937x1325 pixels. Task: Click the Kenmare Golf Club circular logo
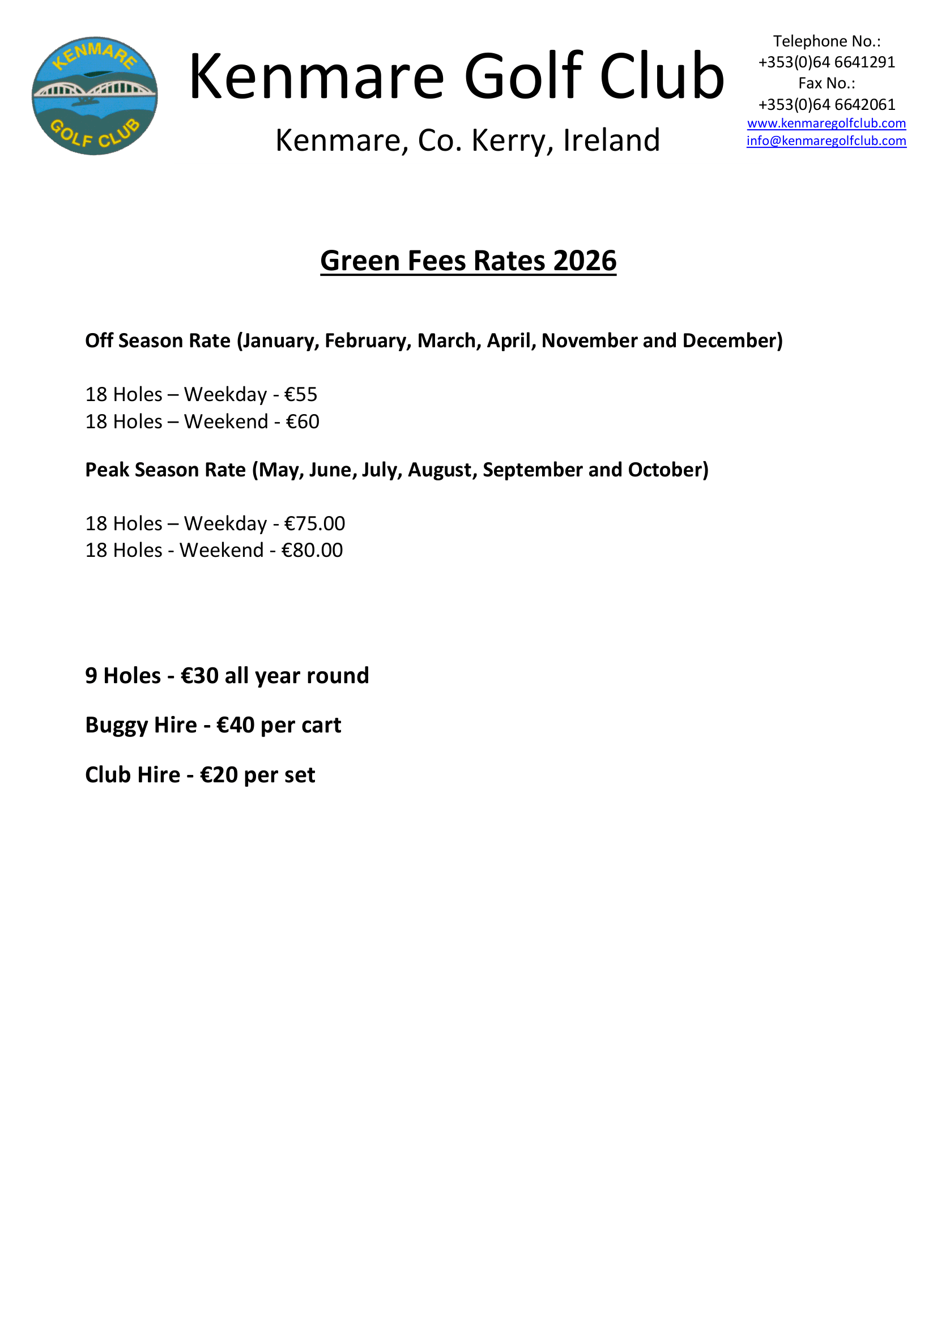coord(95,96)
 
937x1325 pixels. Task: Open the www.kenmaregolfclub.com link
coord(826,123)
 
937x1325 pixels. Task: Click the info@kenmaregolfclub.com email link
coord(826,141)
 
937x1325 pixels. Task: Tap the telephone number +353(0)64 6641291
coord(826,62)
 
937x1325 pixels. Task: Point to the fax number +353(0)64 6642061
coord(826,104)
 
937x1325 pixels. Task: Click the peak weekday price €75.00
coord(314,523)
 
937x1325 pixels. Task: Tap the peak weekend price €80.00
coord(312,551)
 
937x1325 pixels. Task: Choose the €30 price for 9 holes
coord(199,676)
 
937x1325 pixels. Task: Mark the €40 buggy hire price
coord(235,726)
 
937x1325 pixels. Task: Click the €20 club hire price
coord(219,775)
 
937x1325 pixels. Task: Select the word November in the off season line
coord(589,341)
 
